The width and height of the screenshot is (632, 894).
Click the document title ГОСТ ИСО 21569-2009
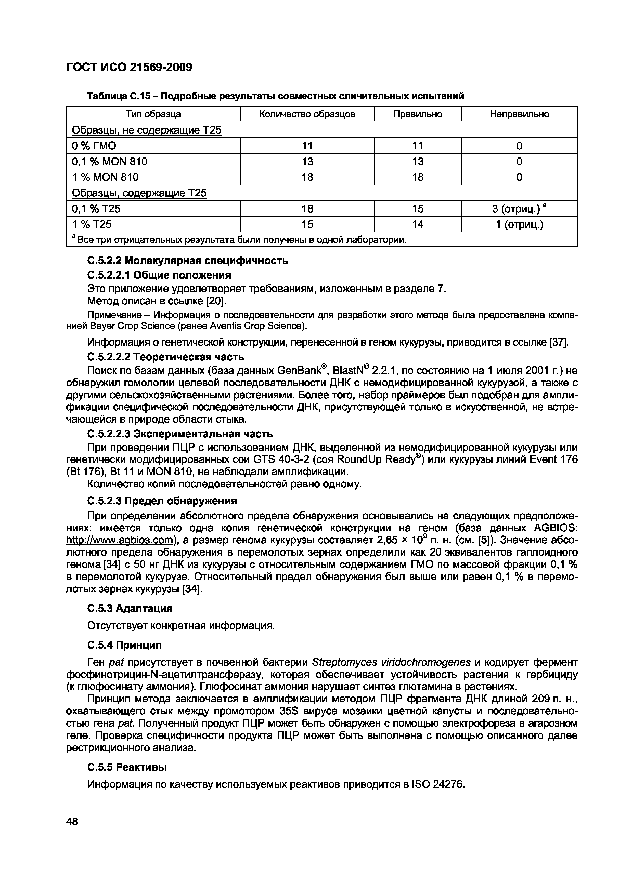click(x=129, y=67)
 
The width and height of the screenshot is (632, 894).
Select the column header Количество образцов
click(x=307, y=114)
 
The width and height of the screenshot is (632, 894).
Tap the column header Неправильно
click(x=519, y=114)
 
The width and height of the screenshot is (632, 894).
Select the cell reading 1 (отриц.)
click(x=519, y=225)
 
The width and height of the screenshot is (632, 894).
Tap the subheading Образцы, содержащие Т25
click(x=139, y=193)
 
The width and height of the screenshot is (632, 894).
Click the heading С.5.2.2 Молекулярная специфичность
click(x=187, y=260)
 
